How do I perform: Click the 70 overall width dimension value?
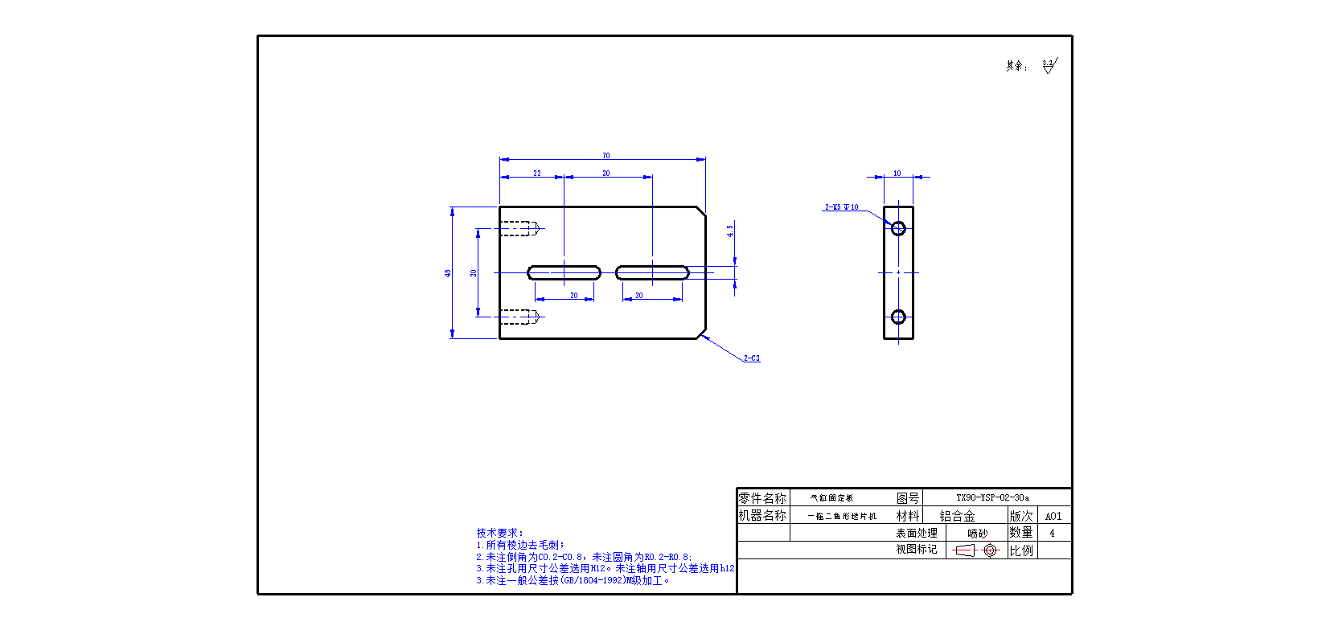(605, 156)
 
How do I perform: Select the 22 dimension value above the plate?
(536, 174)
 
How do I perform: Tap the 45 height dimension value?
(448, 273)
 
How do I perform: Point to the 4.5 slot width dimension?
(730, 231)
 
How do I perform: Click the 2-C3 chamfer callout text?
(751, 358)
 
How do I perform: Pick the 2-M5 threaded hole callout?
(841, 207)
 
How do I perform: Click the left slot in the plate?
(564, 272)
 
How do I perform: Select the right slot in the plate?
(652, 272)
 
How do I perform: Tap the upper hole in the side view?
(898, 228)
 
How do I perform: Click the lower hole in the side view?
(898, 317)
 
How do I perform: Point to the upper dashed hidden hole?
(519, 228)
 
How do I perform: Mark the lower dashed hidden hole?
(519, 317)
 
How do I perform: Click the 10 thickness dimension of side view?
(897, 174)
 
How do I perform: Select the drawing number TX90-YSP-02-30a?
(992, 497)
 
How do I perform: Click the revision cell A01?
(1053, 516)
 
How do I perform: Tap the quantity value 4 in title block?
(1052, 533)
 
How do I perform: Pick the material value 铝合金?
(957, 516)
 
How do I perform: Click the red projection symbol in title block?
(975, 550)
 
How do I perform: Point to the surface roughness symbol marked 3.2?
(1049, 66)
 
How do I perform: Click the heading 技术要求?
(499, 533)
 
